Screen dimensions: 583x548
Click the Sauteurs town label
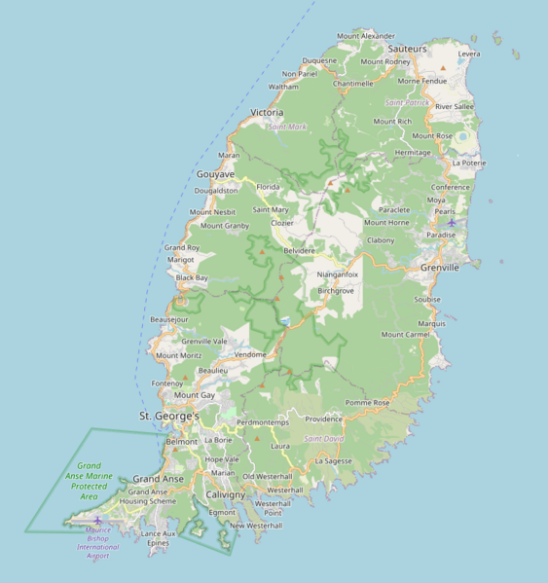pos(408,48)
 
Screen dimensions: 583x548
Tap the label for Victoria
pos(267,113)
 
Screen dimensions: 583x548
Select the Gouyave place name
pos(215,174)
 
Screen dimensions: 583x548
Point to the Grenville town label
pos(439,267)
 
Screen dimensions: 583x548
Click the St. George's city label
pos(169,417)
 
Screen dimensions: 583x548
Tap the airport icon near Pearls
pos(452,223)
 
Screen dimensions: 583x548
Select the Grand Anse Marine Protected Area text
pos(89,481)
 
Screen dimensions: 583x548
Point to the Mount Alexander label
pos(366,35)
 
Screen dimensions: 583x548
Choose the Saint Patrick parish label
pos(408,102)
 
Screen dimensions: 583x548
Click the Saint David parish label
pos(323,439)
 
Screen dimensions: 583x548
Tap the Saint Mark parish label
pos(287,127)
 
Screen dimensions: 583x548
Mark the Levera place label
pos(469,55)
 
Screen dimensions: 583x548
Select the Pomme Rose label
pos(367,402)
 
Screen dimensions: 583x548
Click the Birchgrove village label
pos(336,290)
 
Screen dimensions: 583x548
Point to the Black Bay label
pos(192,278)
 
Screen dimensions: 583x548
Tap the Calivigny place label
pos(225,494)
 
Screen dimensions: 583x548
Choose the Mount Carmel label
pos(405,334)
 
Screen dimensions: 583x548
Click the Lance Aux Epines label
pos(158,538)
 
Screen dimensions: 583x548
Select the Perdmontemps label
pos(264,422)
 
